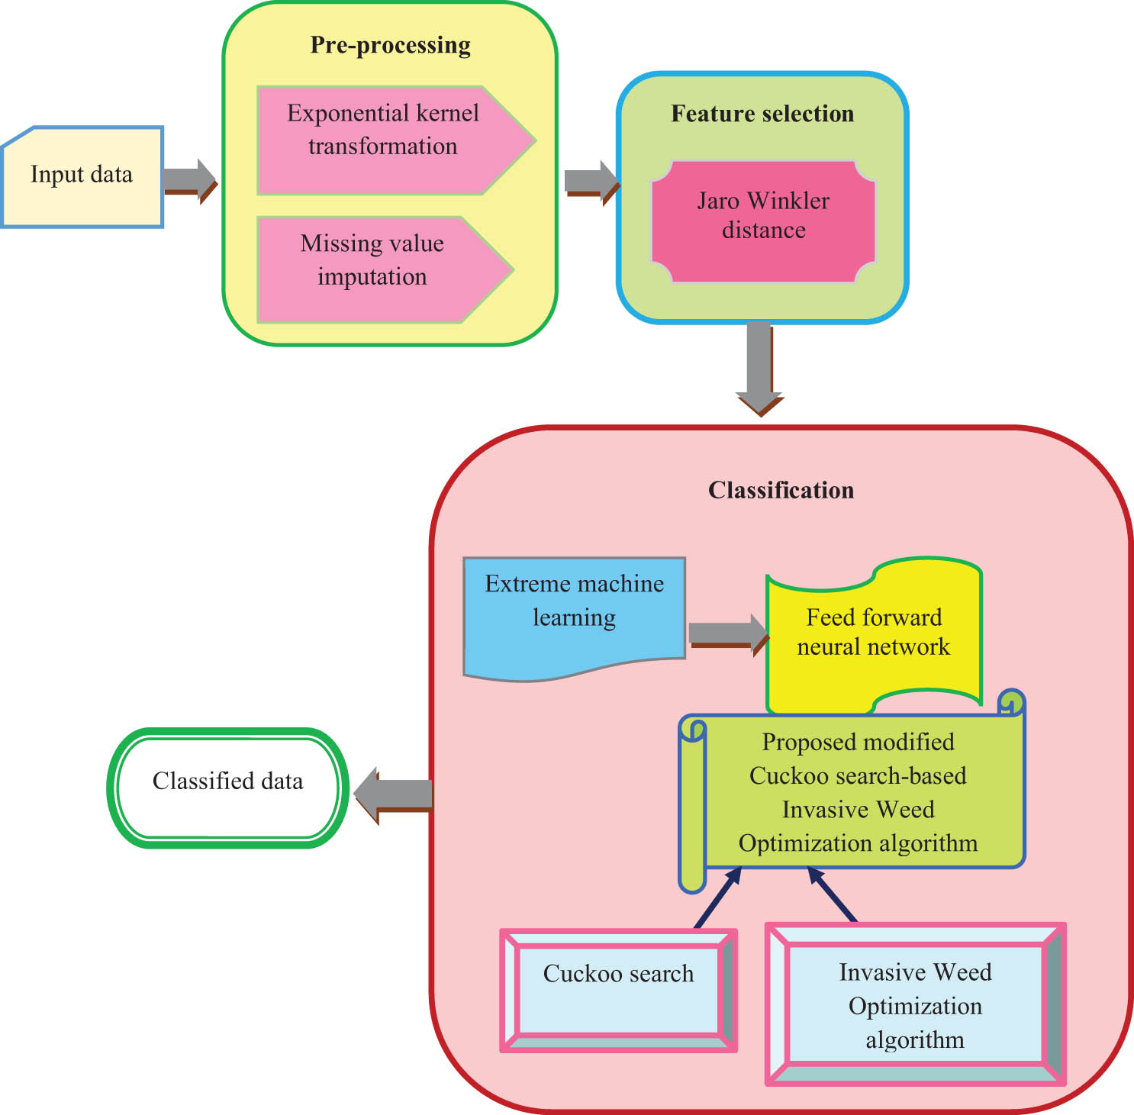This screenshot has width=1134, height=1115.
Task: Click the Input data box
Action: coord(82,176)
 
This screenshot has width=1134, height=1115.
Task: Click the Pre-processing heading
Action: coord(390,46)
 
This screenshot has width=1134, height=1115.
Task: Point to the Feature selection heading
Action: coord(762,114)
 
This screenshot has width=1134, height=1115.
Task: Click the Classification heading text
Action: coord(781,490)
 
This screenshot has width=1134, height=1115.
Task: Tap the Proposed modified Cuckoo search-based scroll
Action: coord(858,792)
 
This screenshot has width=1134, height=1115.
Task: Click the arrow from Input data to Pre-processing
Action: coord(189,181)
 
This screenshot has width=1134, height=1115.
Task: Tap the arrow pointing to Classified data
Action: coord(393,794)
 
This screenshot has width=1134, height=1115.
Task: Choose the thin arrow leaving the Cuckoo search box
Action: coord(717,898)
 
